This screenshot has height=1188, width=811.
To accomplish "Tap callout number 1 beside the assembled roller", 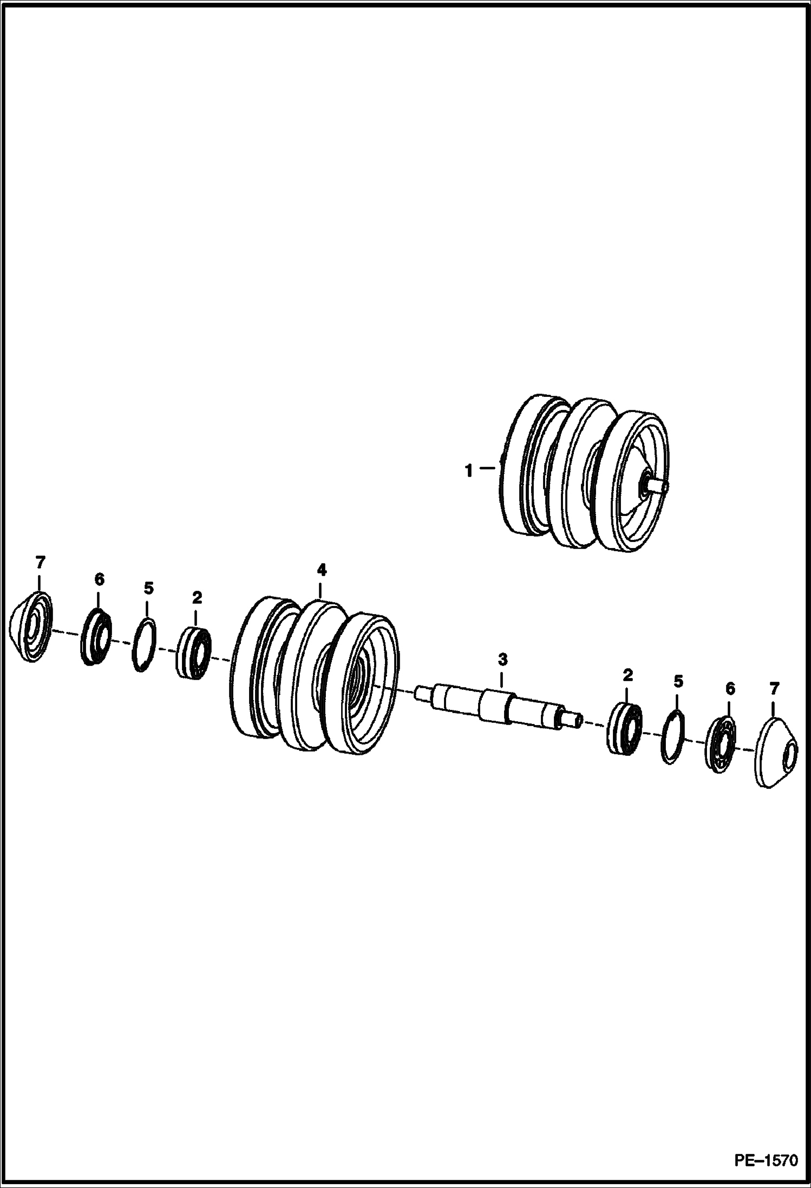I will point(469,471).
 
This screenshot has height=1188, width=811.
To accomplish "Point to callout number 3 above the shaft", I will point(502,660).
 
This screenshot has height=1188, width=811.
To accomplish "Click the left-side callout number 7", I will point(40,563).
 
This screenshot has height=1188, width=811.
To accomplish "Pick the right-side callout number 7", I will point(774,689).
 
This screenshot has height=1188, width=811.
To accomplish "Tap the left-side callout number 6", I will point(99,579).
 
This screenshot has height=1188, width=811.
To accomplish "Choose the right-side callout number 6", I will point(730,689).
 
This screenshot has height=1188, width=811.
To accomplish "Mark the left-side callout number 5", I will point(148,588).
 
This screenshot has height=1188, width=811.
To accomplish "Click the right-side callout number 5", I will point(678,681).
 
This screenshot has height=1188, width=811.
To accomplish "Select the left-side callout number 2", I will point(197,598).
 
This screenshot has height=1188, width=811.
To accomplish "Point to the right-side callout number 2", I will point(627,675).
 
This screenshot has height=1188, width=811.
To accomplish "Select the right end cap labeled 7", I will point(775,753).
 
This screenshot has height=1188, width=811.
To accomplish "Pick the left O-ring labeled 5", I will point(145,645).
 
